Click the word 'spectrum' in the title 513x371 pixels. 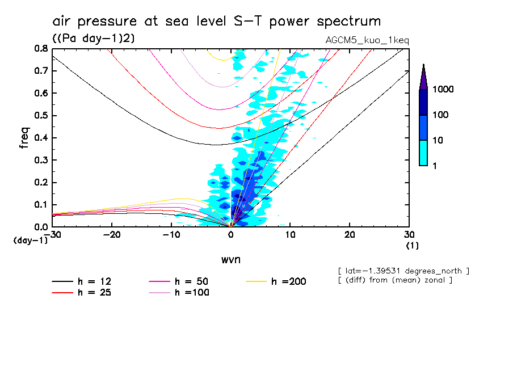[x=345, y=22]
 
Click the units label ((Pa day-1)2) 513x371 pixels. [x=92, y=38]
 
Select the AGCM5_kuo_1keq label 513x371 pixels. [x=367, y=41]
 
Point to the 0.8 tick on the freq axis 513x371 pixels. [x=40, y=49]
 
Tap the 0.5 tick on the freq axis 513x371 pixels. [x=40, y=116]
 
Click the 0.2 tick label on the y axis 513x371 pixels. [x=40, y=183]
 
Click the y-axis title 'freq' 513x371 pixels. [x=24, y=138]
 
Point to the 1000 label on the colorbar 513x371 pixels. [x=443, y=90]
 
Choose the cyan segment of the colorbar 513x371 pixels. [x=423, y=153]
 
